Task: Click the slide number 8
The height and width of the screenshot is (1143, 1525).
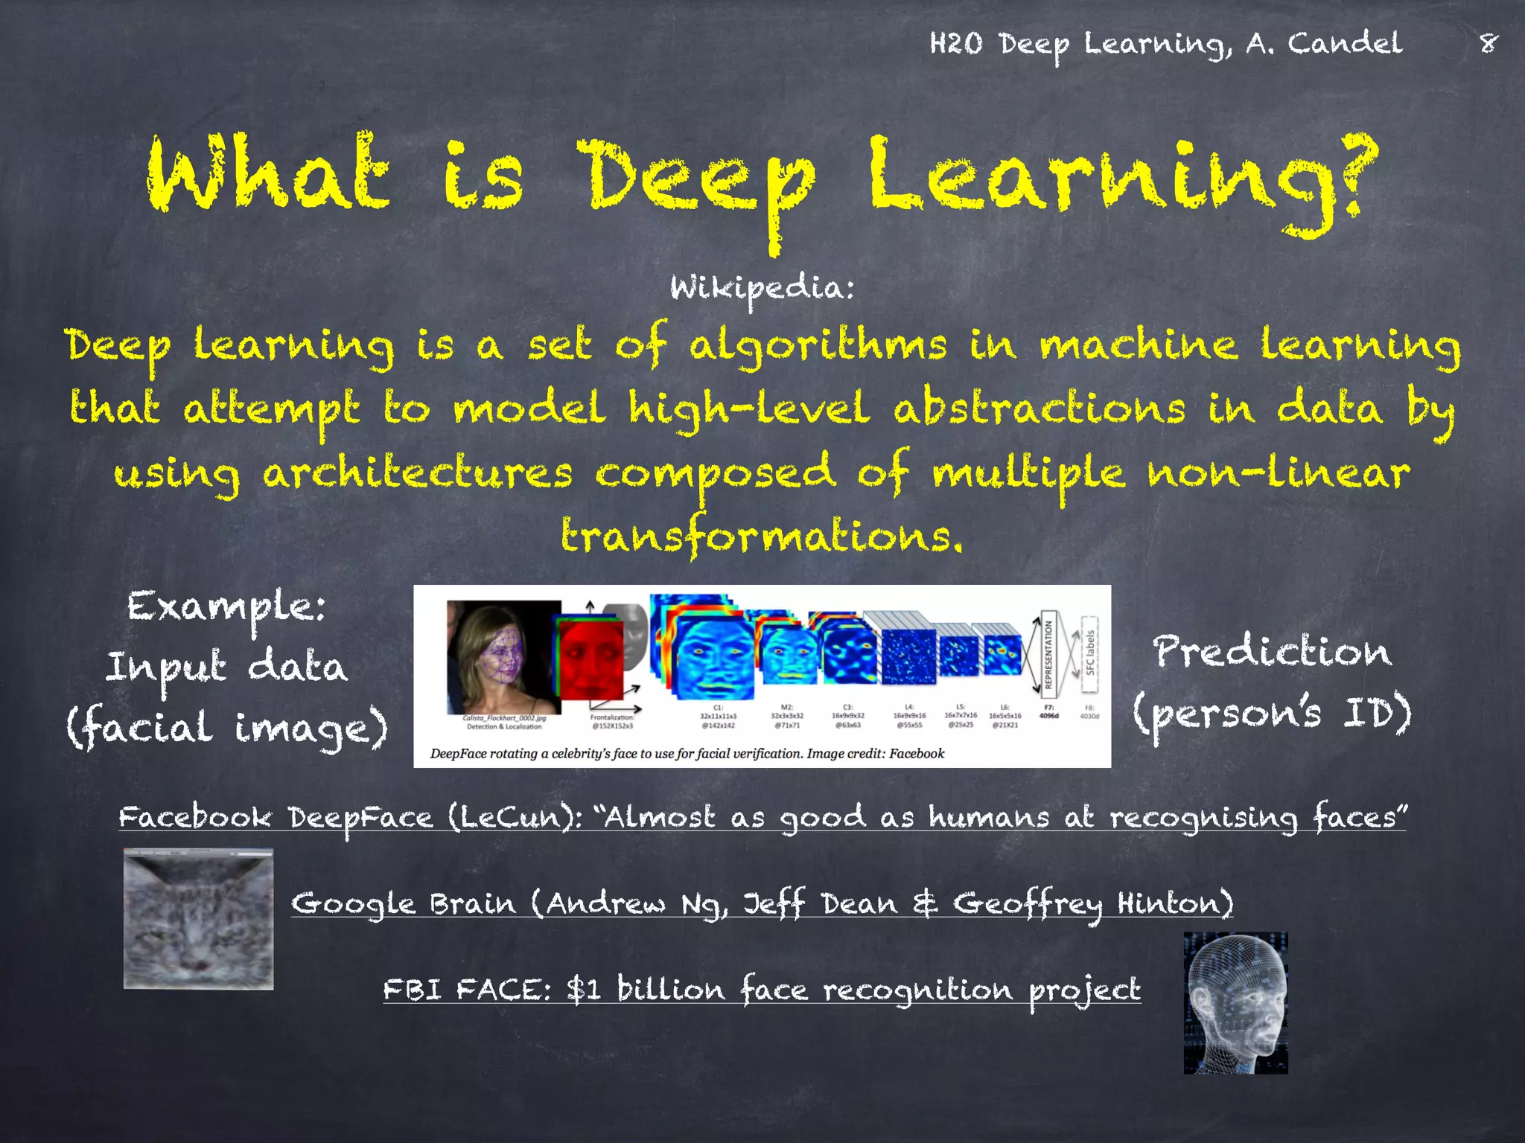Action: pos(1488,43)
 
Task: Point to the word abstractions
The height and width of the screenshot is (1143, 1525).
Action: pos(1039,410)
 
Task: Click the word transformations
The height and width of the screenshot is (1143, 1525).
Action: pos(761,536)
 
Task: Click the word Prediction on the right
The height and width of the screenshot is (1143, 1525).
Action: pos(1272,652)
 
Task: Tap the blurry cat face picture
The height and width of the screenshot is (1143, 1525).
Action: pos(198,920)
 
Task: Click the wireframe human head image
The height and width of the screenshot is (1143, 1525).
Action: pos(1235,1002)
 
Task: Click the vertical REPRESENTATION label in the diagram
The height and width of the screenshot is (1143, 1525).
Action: pos(1048,655)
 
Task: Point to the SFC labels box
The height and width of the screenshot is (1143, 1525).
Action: pos(1089,653)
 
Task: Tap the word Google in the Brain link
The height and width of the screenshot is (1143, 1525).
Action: pos(353,904)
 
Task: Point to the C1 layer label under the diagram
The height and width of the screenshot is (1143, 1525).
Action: pos(718,707)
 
